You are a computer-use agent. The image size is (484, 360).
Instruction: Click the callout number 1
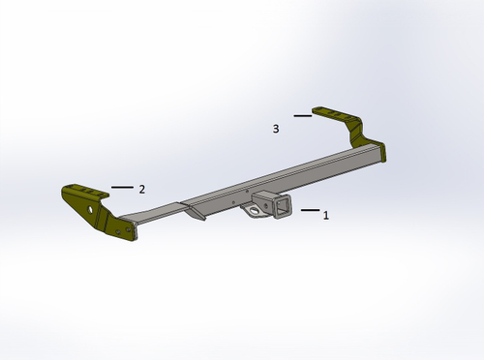(326, 216)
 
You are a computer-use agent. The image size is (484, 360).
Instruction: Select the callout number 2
(141, 189)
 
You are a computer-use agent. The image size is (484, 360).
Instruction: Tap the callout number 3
(276, 128)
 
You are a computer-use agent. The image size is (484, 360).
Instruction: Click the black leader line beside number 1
(310, 209)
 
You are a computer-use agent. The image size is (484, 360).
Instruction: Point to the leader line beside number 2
(121, 186)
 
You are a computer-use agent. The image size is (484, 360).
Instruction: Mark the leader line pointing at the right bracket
(302, 116)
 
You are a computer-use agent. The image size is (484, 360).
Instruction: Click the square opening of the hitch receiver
(283, 209)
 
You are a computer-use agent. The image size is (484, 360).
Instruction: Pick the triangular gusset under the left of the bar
(196, 214)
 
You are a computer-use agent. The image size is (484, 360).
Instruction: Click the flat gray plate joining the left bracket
(155, 214)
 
